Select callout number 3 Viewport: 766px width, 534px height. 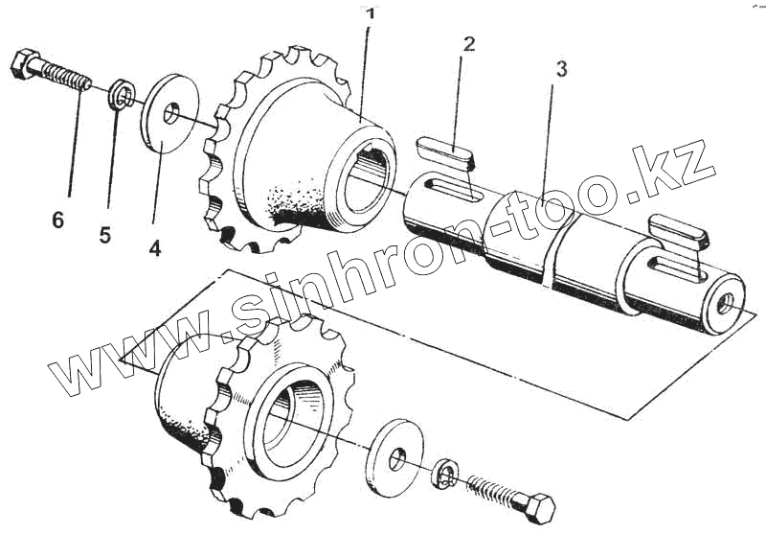pyautogui.click(x=561, y=69)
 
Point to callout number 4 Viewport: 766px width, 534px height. pyautogui.click(x=154, y=246)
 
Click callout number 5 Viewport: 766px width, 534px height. pyautogui.click(x=105, y=235)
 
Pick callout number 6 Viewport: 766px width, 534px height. pyautogui.click(x=57, y=221)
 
